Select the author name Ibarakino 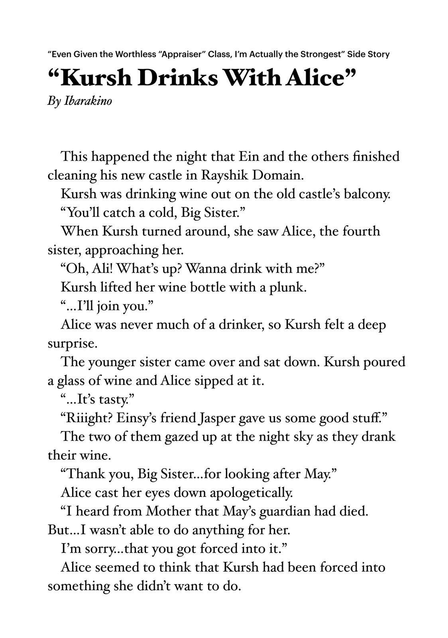88,101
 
